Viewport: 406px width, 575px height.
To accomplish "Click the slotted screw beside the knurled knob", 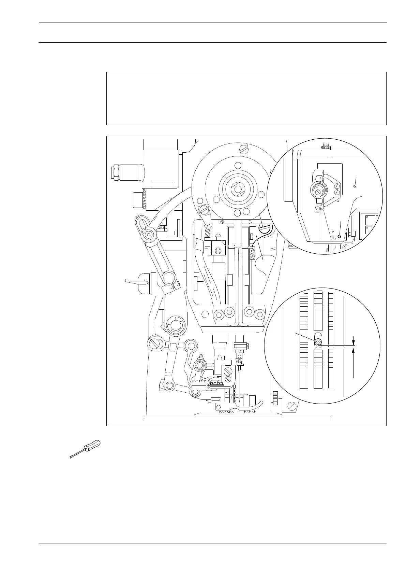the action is point(292,406).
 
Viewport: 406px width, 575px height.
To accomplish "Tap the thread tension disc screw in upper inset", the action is point(318,192).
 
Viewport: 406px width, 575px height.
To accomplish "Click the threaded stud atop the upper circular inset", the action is point(326,147).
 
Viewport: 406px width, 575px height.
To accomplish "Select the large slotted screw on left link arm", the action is point(155,342).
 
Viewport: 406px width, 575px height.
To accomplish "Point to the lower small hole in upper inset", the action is point(340,236).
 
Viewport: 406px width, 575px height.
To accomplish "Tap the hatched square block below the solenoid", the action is point(138,200).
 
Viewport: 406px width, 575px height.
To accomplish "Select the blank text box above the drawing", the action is point(246,98).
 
